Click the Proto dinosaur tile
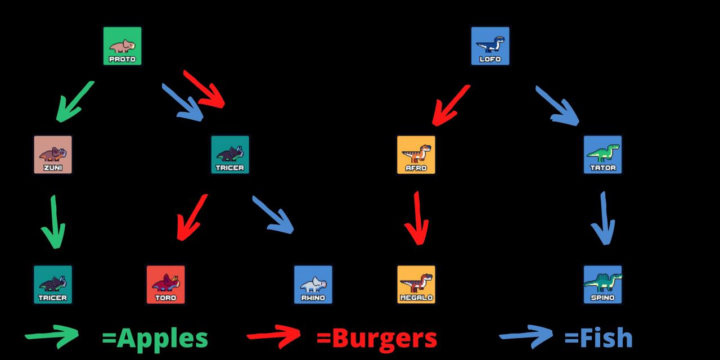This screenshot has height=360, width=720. (122, 46)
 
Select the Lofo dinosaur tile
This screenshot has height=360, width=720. (490, 46)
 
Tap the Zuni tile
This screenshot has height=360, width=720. (53, 155)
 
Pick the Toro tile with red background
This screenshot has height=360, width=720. (165, 285)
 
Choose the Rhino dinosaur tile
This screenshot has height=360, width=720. (313, 285)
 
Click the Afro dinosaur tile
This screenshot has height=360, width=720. (416, 155)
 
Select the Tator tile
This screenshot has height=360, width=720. (603, 155)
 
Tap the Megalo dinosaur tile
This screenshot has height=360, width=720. (416, 285)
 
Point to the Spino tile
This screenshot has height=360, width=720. (603, 285)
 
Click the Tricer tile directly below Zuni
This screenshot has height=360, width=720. (53, 285)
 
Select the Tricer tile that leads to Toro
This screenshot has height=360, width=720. (230, 155)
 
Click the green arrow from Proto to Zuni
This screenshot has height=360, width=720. (74, 102)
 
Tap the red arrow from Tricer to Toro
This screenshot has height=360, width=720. (191, 217)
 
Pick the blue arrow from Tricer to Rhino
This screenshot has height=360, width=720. (273, 215)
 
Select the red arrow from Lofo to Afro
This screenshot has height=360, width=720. (450, 105)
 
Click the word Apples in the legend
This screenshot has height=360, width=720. (155, 338)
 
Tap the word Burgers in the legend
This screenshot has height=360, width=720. (376, 338)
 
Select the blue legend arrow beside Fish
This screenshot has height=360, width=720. (526, 336)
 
